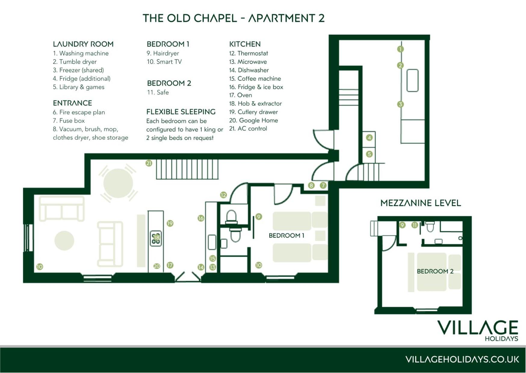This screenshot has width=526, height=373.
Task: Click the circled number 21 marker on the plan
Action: pyautogui.click(x=149, y=163)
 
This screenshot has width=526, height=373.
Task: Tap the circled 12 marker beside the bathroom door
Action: pyautogui.click(x=223, y=195)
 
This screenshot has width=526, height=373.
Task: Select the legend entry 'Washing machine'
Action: pyautogui.click(x=84, y=53)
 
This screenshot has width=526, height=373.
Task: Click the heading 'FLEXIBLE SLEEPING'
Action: pyautogui.click(x=181, y=112)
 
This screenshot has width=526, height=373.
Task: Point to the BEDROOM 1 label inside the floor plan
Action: pyautogui.click(x=286, y=236)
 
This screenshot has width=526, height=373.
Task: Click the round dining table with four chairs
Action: pyautogui.click(x=118, y=183)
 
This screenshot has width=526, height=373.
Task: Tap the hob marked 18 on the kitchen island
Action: pyautogui.click(x=156, y=238)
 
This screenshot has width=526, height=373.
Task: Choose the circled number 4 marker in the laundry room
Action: pyautogui.click(x=369, y=138)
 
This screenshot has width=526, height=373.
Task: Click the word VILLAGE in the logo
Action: pyautogui.click(x=478, y=328)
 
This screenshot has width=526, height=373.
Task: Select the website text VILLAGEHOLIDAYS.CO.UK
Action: pyautogui.click(x=462, y=359)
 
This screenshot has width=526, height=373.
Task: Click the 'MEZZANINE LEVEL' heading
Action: pyautogui.click(x=421, y=203)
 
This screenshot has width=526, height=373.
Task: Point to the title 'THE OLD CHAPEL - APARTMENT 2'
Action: pyautogui.click(x=234, y=18)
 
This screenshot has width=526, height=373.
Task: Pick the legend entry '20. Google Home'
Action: pyautogui.click(x=253, y=120)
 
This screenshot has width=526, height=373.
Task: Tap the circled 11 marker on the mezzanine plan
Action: pyautogui.click(x=415, y=225)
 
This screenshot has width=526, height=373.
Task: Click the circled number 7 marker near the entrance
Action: pyautogui.click(x=323, y=186)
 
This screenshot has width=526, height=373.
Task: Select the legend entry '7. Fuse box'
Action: pyautogui.click(x=69, y=121)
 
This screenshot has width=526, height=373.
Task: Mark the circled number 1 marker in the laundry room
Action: pyautogui.click(x=400, y=49)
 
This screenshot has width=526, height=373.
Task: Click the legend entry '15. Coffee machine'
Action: pyautogui.click(x=255, y=79)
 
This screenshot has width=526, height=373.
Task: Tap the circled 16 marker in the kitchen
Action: pyautogui.click(x=201, y=218)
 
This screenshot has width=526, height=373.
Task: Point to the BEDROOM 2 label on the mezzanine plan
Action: pyautogui.click(x=435, y=271)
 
